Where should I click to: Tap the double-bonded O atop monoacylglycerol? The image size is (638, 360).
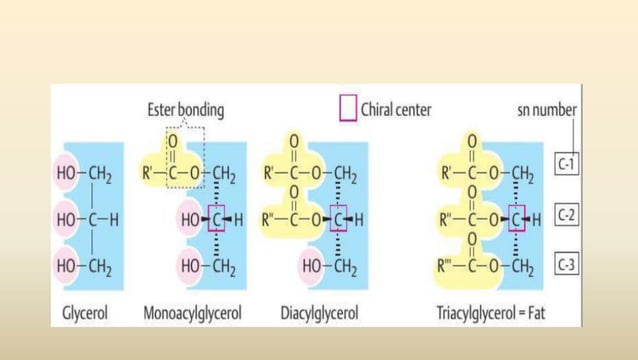[x=171, y=141]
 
